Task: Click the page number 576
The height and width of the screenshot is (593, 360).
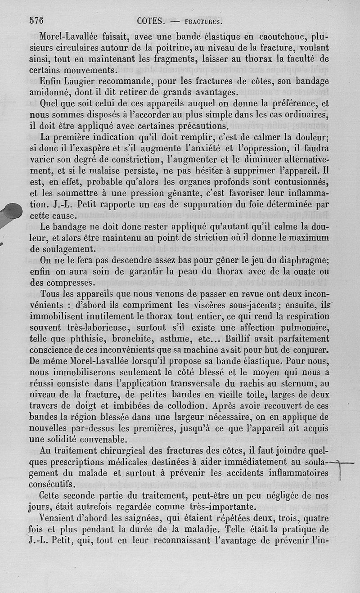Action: [39, 20]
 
